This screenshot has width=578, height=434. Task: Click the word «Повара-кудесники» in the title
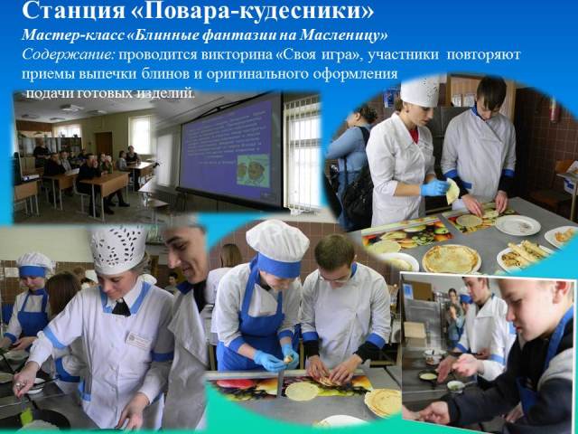tap(253, 10)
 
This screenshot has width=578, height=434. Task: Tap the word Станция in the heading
tap(74, 10)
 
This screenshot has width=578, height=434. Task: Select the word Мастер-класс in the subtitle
tap(73, 35)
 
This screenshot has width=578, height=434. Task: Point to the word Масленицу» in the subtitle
tap(344, 35)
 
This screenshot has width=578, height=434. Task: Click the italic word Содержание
tap(69, 54)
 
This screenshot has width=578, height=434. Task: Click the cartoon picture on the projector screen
tap(253, 170)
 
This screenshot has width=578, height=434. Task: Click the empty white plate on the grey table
tap(517, 225)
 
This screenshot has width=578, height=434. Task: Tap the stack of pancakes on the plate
tap(451, 258)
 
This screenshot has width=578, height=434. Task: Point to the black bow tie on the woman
tap(121, 307)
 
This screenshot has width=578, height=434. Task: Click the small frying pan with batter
tap(429, 376)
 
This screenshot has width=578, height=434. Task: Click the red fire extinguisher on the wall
tap(553, 110)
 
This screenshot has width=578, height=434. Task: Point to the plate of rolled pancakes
tap(523, 254)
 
